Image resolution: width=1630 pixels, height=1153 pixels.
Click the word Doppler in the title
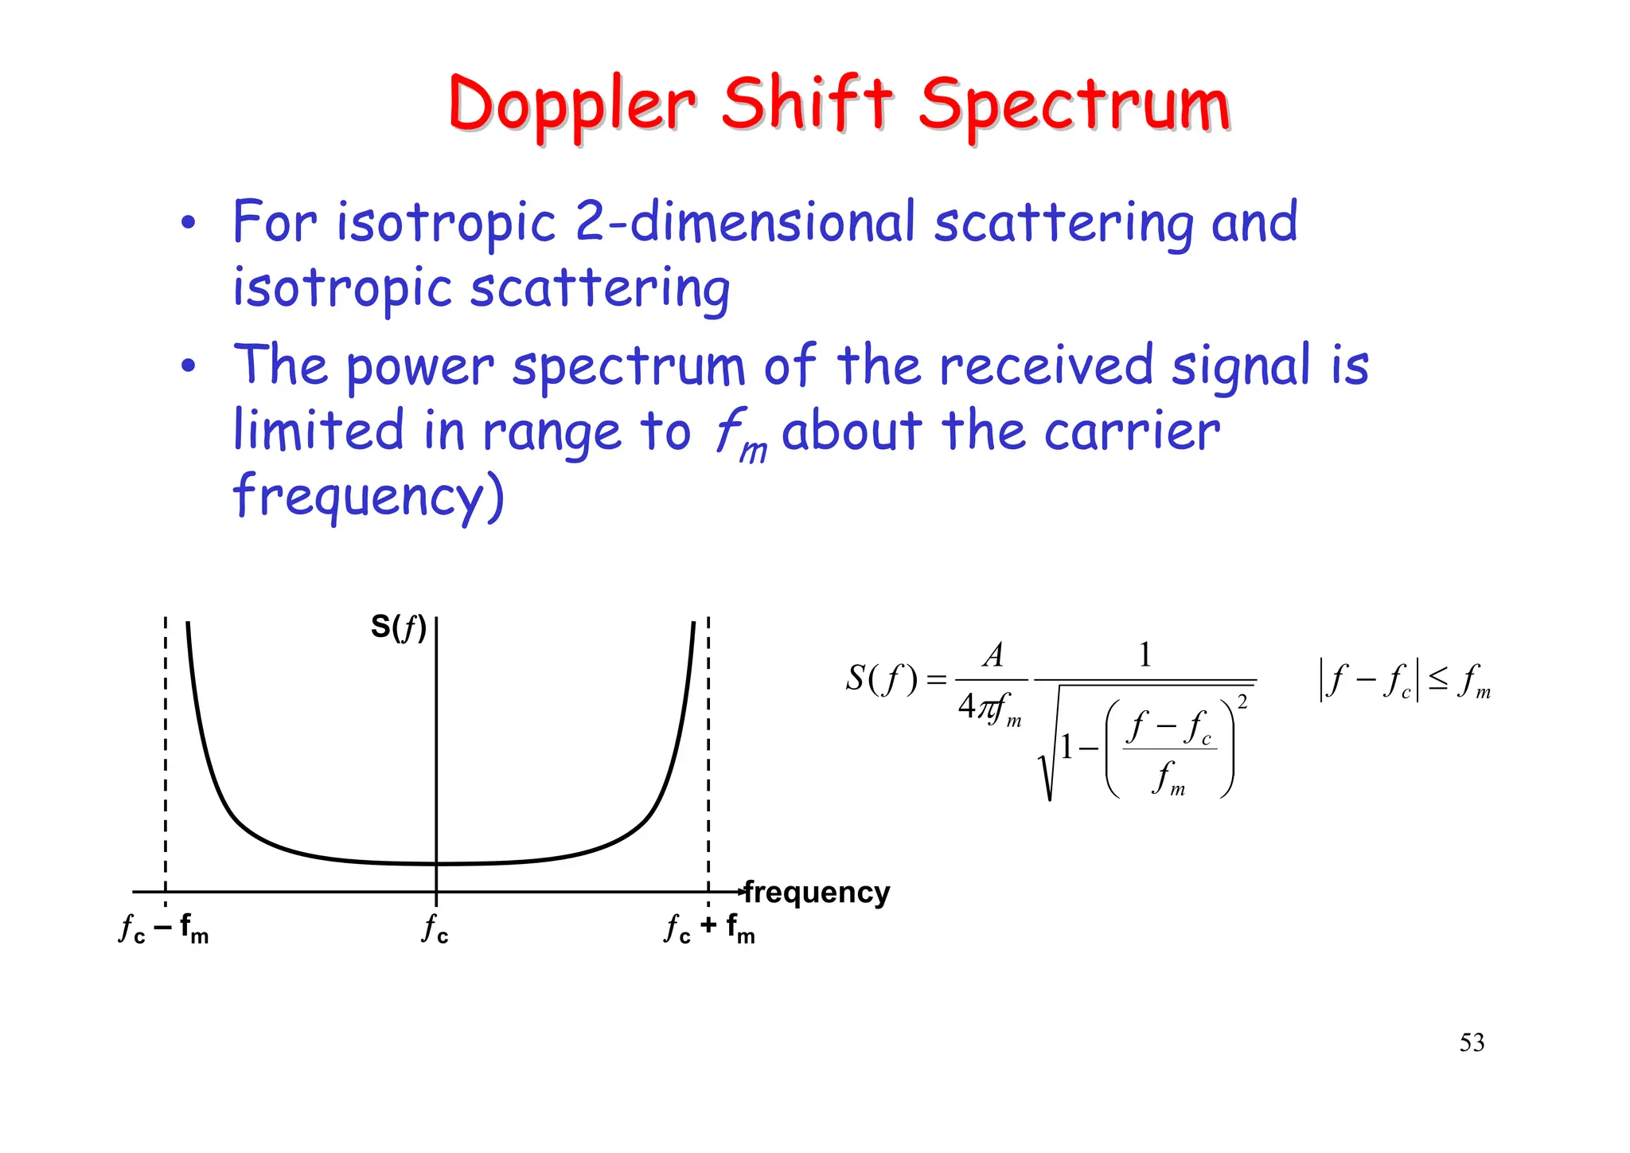(571, 106)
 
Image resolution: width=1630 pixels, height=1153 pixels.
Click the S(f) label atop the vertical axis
(399, 627)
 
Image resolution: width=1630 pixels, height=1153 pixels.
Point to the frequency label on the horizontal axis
(817, 892)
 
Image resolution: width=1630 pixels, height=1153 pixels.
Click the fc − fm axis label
(163, 928)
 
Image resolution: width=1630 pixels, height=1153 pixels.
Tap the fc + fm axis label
(709, 928)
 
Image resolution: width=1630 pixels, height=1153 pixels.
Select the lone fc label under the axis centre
(435, 928)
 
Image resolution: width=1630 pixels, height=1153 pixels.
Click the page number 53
(1472, 1042)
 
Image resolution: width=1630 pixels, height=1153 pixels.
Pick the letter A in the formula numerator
(992, 655)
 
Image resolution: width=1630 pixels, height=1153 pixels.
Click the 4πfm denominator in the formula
(989, 707)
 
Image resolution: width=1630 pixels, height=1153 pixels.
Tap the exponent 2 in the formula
(1242, 702)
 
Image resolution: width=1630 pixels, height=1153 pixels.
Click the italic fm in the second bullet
(740, 436)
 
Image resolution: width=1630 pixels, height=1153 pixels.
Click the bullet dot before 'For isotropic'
(187, 224)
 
